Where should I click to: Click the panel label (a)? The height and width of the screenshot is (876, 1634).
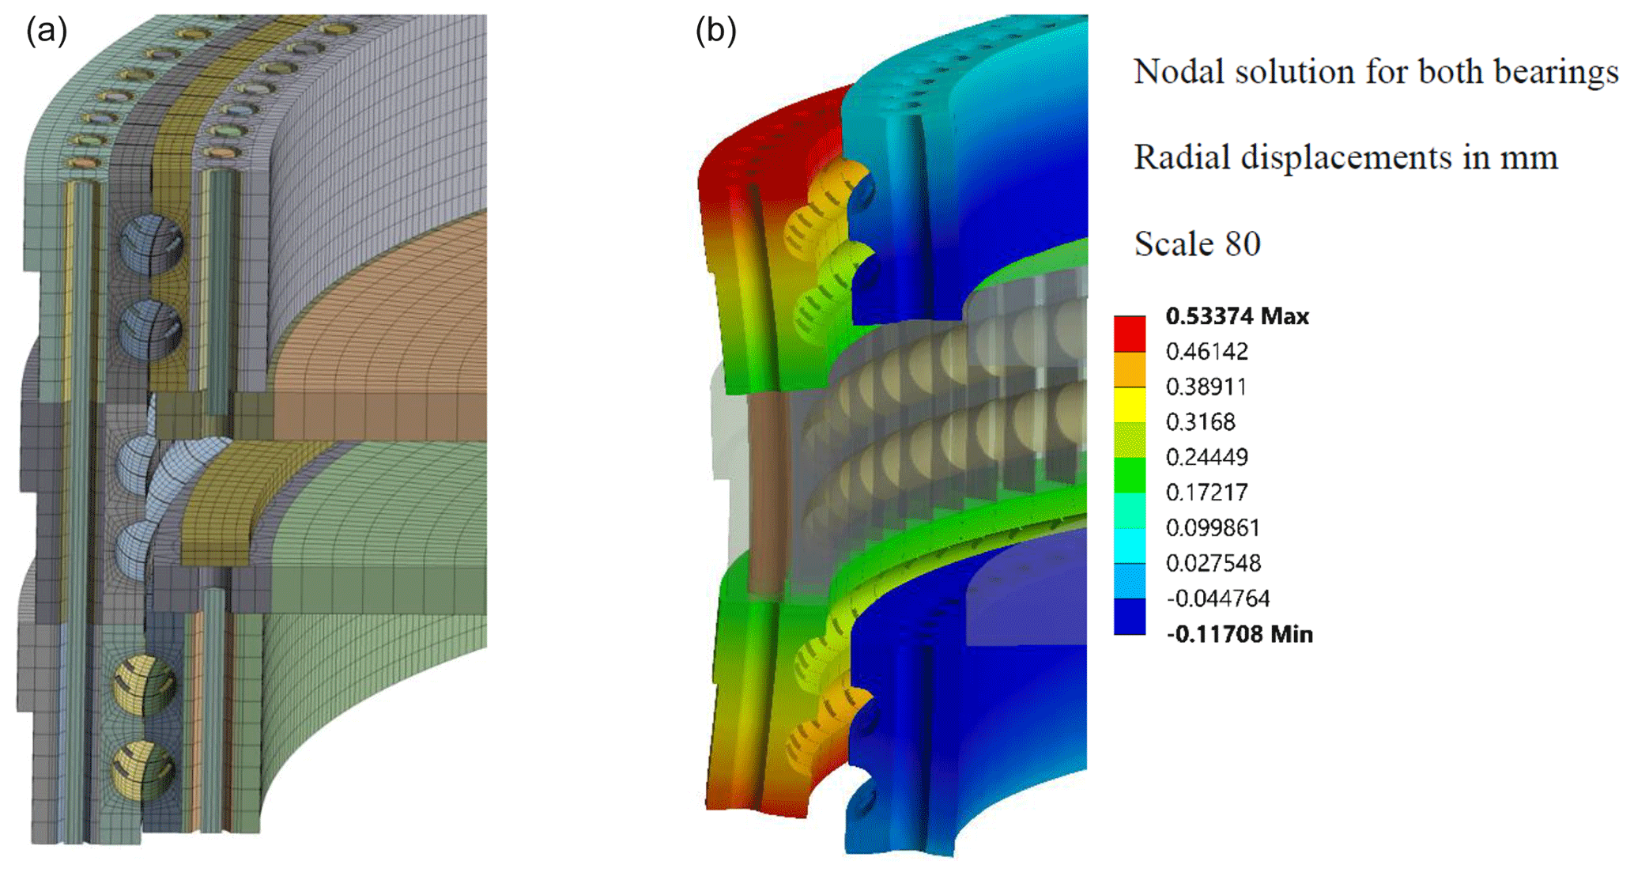click(x=47, y=31)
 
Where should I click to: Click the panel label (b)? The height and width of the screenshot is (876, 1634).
click(x=715, y=31)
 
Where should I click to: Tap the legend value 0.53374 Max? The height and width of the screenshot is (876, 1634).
click(x=1237, y=316)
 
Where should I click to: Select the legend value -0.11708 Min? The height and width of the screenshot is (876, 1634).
click(x=1240, y=634)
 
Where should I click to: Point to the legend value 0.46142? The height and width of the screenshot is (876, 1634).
click(x=1206, y=351)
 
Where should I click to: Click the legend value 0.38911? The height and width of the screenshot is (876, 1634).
click(x=1206, y=387)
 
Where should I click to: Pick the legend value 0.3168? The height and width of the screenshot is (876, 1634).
click(x=1200, y=422)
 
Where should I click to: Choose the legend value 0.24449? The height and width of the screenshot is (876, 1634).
click(x=1206, y=457)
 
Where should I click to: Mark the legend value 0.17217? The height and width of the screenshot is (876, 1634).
click(x=1206, y=493)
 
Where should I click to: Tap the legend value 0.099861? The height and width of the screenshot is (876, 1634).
click(x=1213, y=527)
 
